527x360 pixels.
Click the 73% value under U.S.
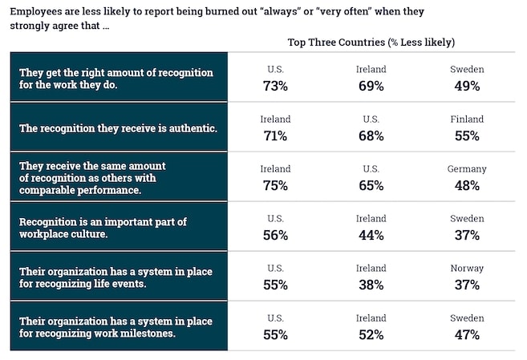[275, 86]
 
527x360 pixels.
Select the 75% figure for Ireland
[275, 185]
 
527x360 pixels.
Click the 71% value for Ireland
[275, 136]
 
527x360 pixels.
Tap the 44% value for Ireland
[371, 235]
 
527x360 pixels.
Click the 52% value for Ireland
[371, 334]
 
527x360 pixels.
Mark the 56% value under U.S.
[275, 235]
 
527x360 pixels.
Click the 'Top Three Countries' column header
[371, 42]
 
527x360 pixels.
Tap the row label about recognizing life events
[116, 277]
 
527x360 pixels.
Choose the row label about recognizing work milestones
[116, 327]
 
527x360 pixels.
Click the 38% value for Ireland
[371, 285]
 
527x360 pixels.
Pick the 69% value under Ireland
[371, 86]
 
